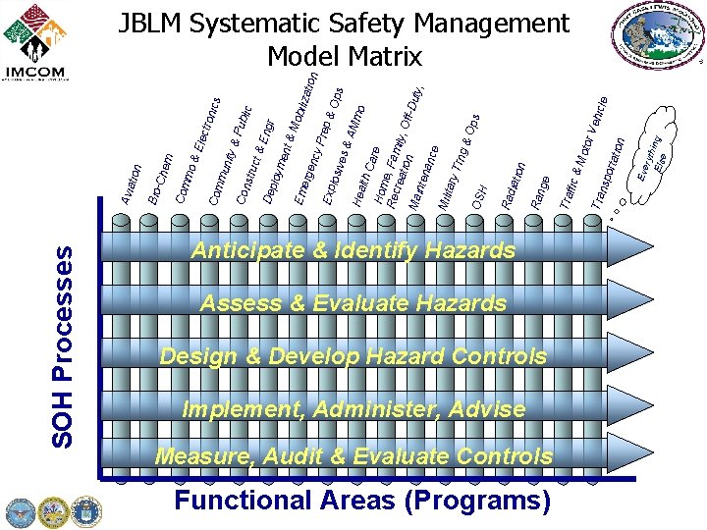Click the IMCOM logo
(36, 43)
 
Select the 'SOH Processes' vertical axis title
(63, 345)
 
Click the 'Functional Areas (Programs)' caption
(362, 501)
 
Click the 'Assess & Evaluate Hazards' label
(353, 304)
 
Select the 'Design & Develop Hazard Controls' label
(353, 356)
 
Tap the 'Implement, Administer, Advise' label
(353, 408)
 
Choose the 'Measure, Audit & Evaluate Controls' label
(353, 456)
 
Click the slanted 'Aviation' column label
(132, 184)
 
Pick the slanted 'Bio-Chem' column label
(160, 179)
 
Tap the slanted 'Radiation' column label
(515, 184)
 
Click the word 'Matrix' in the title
(384, 56)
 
